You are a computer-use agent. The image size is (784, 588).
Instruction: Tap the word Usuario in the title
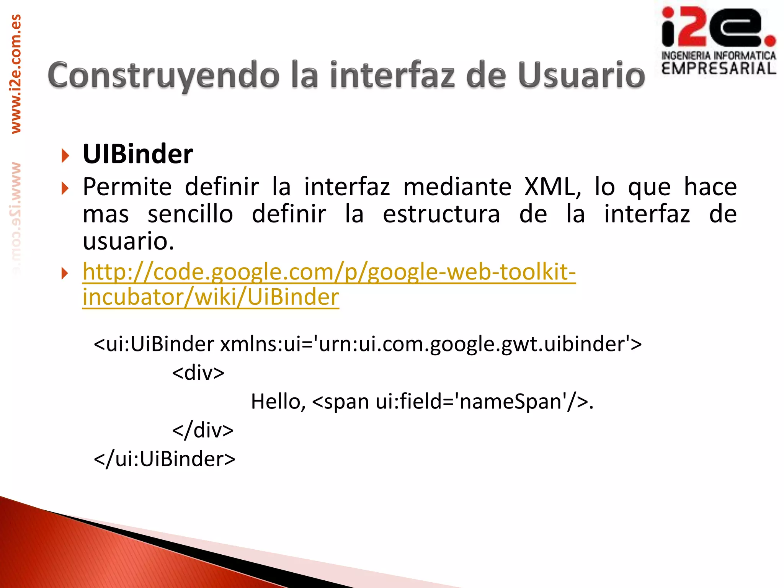tap(581, 75)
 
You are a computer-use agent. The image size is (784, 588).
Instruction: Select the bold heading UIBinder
tap(138, 154)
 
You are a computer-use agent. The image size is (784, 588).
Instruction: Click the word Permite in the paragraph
tap(127, 187)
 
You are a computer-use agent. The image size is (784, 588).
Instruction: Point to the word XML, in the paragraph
tap(552, 187)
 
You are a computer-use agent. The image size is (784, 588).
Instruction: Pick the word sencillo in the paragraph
tap(190, 214)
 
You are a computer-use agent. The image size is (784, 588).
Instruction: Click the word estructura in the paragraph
tap(441, 214)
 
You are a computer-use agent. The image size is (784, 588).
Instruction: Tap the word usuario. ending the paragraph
tap(129, 241)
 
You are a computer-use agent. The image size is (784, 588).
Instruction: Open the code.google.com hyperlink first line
tap(329, 272)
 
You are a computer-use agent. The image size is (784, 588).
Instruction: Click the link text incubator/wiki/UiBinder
tap(211, 297)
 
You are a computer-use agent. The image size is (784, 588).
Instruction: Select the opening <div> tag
tap(198, 372)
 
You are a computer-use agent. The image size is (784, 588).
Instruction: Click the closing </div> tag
tap(203, 430)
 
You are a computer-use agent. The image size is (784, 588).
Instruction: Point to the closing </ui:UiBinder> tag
tap(165, 459)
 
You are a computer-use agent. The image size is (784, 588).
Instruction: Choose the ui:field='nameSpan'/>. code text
tap(485, 402)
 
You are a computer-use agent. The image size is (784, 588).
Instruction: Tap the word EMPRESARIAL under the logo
tap(719, 69)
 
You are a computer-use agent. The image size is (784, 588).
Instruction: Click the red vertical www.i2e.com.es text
tap(16, 73)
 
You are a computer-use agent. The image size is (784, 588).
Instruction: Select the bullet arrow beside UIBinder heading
tap(65, 155)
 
